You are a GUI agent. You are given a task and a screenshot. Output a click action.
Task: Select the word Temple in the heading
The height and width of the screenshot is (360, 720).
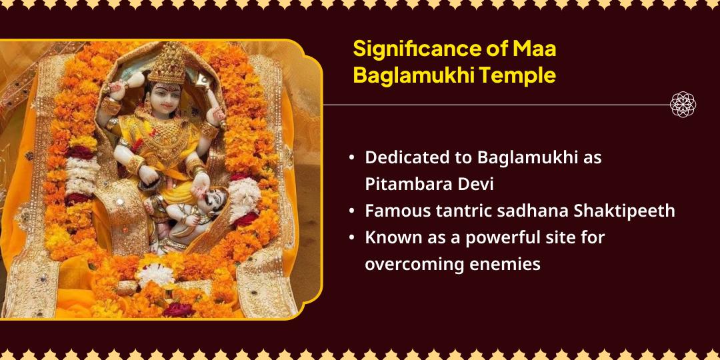coord(521,75)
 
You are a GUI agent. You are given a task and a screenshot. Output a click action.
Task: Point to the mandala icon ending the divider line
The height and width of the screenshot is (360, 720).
coord(683,105)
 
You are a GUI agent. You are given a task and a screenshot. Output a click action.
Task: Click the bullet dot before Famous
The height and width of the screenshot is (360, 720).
coord(351,211)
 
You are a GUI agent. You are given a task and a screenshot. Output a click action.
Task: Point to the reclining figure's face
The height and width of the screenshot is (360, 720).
coord(212,199)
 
